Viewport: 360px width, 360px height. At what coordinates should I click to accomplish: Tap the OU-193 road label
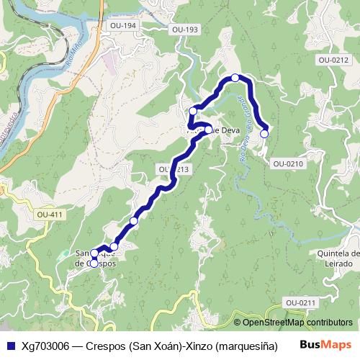click(x=185, y=30)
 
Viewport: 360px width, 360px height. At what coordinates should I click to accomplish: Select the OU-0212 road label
click(x=332, y=60)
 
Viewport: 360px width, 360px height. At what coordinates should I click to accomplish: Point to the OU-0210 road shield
click(x=288, y=163)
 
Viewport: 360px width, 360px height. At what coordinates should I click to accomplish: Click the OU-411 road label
click(x=49, y=215)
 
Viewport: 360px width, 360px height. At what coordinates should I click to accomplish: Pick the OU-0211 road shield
click(x=300, y=302)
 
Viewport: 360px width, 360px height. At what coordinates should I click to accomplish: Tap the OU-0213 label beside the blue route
click(x=174, y=169)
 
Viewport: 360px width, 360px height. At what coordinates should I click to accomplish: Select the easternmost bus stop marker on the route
click(x=264, y=133)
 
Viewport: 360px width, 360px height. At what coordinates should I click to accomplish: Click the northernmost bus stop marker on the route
click(x=235, y=77)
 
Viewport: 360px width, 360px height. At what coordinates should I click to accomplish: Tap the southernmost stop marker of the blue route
click(x=94, y=264)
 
